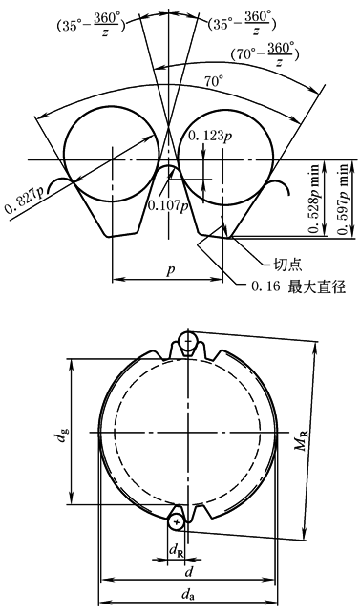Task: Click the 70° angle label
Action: (213, 81)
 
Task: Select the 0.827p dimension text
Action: (24, 198)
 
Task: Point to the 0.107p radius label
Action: (167, 205)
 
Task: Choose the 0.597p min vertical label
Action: (344, 200)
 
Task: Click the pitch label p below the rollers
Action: (170, 270)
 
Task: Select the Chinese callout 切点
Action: (287, 265)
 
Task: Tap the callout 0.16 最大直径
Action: (298, 287)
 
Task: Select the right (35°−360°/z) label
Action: (242, 24)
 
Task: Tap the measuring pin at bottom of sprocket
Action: (177, 522)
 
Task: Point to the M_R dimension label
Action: (303, 439)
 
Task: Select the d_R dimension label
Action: (176, 550)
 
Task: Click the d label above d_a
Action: (189, 572)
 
